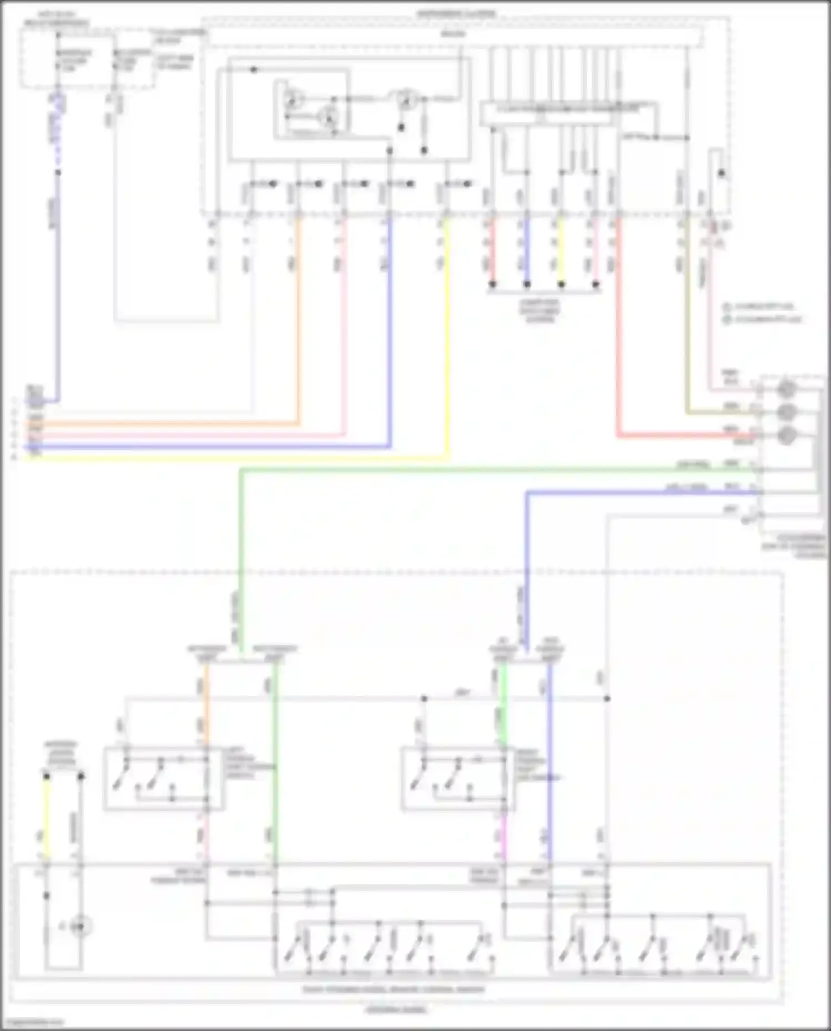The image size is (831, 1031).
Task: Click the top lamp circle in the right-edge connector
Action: (786, 389)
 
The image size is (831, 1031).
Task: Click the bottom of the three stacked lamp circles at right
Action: (786, 435)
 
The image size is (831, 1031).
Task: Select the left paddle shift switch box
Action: (163, 779)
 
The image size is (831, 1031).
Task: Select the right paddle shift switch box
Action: (457, 779)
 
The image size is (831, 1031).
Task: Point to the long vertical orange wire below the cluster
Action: (298, 321)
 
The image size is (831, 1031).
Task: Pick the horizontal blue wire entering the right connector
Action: (637, 492)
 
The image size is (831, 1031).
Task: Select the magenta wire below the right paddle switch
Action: (504, 837)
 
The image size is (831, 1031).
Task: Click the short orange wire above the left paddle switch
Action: (206, 704)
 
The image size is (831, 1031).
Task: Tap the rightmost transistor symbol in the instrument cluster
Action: (406, 100)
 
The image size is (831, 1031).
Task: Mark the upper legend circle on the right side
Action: (727, 306)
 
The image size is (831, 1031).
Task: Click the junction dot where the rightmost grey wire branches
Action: (607, 699)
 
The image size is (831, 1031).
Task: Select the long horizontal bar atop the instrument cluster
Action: (454, 35)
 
